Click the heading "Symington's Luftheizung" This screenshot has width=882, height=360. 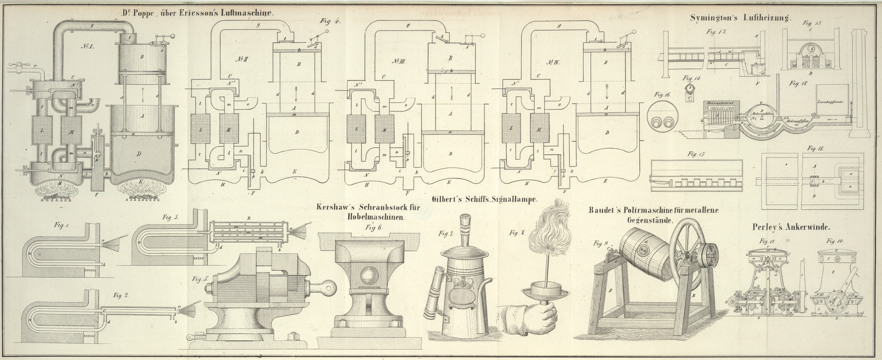(741, 18)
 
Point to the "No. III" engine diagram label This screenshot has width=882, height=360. (398, 61)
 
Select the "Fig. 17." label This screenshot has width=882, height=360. (696, 154)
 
